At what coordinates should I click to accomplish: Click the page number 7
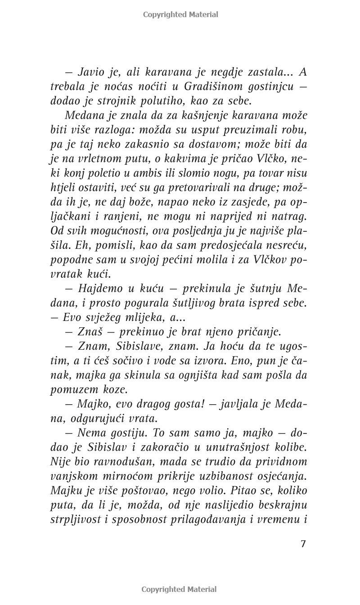pos(303,543)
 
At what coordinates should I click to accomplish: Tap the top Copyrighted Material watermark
pos(180,14)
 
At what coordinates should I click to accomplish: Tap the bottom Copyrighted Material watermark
pos(179,589)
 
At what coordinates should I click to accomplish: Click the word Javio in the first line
pos(92,72)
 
